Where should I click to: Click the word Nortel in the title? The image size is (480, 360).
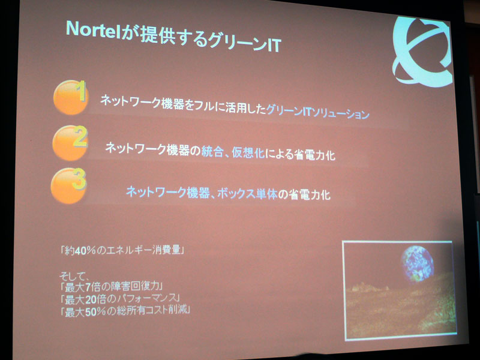click(93, 30)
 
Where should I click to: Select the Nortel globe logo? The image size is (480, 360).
click(422, 50)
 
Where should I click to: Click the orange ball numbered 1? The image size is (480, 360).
click(71, 98)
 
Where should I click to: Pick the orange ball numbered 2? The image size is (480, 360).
click(70, 143)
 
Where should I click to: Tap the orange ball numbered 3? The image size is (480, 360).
click(68, 185)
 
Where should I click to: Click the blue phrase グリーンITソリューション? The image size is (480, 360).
click(317, 112)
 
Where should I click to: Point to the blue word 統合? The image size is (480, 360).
click(212, 152)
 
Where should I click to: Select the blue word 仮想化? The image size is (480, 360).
click(248, 153)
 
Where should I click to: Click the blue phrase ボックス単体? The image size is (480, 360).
click(247, 194)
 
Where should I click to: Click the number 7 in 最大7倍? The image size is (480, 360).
click(88, 287)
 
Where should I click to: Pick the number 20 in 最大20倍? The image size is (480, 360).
click(91, 299)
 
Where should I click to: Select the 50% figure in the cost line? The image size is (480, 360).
click(95, 312)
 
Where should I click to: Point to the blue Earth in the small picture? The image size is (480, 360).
click(417, 263)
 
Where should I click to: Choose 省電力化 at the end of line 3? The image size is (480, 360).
click(310, 194)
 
